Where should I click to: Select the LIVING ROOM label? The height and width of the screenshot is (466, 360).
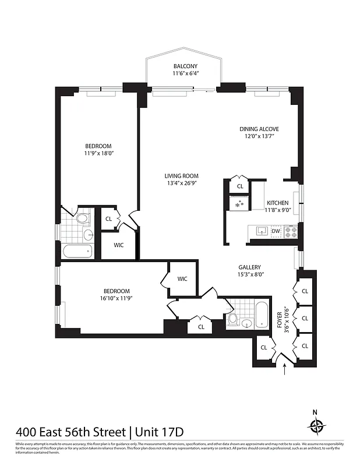(181, 176)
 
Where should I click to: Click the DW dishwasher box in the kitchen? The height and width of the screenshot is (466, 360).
(276, 231)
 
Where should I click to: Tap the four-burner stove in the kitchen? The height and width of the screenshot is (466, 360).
(291, 231)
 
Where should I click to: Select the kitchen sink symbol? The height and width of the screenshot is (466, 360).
(260, 231)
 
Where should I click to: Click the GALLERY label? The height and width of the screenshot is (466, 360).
(249, 267)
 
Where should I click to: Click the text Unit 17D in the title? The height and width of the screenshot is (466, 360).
(160, 432)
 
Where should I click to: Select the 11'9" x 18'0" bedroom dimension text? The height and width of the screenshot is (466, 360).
(98, 154)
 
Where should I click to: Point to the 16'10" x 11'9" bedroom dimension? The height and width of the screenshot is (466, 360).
(117, 299)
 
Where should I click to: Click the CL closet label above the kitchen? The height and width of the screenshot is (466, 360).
(240, 187)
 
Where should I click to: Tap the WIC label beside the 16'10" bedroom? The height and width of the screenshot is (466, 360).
(182, 278)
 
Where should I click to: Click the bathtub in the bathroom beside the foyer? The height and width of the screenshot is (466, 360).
(261, 315)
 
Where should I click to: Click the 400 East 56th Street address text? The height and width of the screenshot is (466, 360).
(70, 432)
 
